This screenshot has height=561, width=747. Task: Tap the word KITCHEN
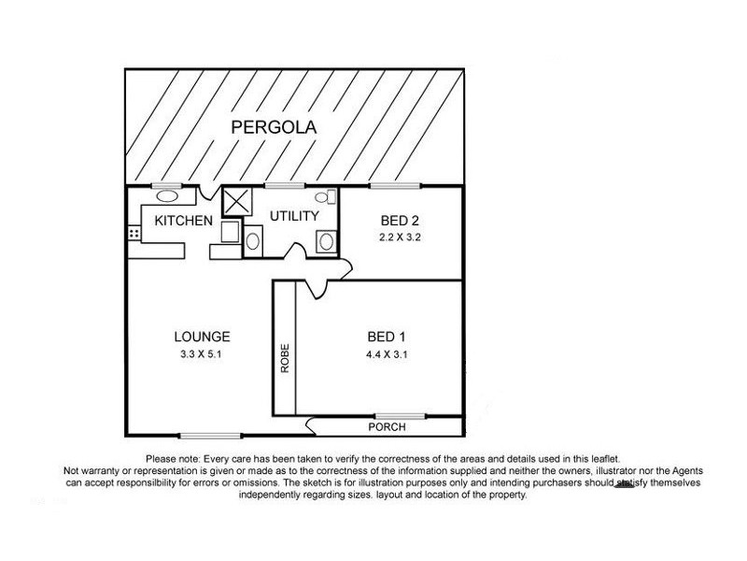coord(184,222)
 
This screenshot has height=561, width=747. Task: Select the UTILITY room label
coord(294,216)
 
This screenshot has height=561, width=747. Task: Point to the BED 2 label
coord(399,222)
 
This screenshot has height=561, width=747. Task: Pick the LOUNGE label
coord(203,338)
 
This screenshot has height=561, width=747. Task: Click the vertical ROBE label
coord(285,360)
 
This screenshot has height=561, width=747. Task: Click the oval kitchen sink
coord(166,196)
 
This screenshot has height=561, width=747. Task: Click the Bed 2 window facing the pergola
coord(393,185)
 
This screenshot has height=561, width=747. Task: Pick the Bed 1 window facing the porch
coord(401,415)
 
